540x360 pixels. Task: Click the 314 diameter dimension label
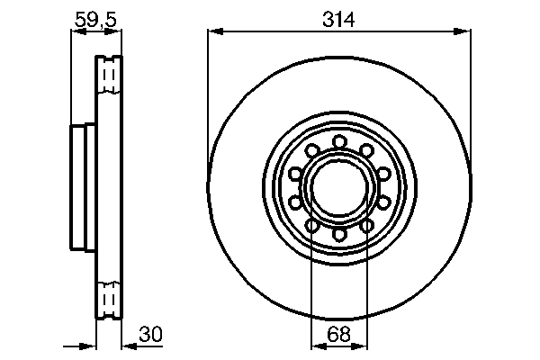click(339, 17)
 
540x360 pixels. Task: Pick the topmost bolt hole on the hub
click(339, 140)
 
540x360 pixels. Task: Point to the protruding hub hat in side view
click(78, 186)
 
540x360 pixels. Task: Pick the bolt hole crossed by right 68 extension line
click(366, 226)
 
